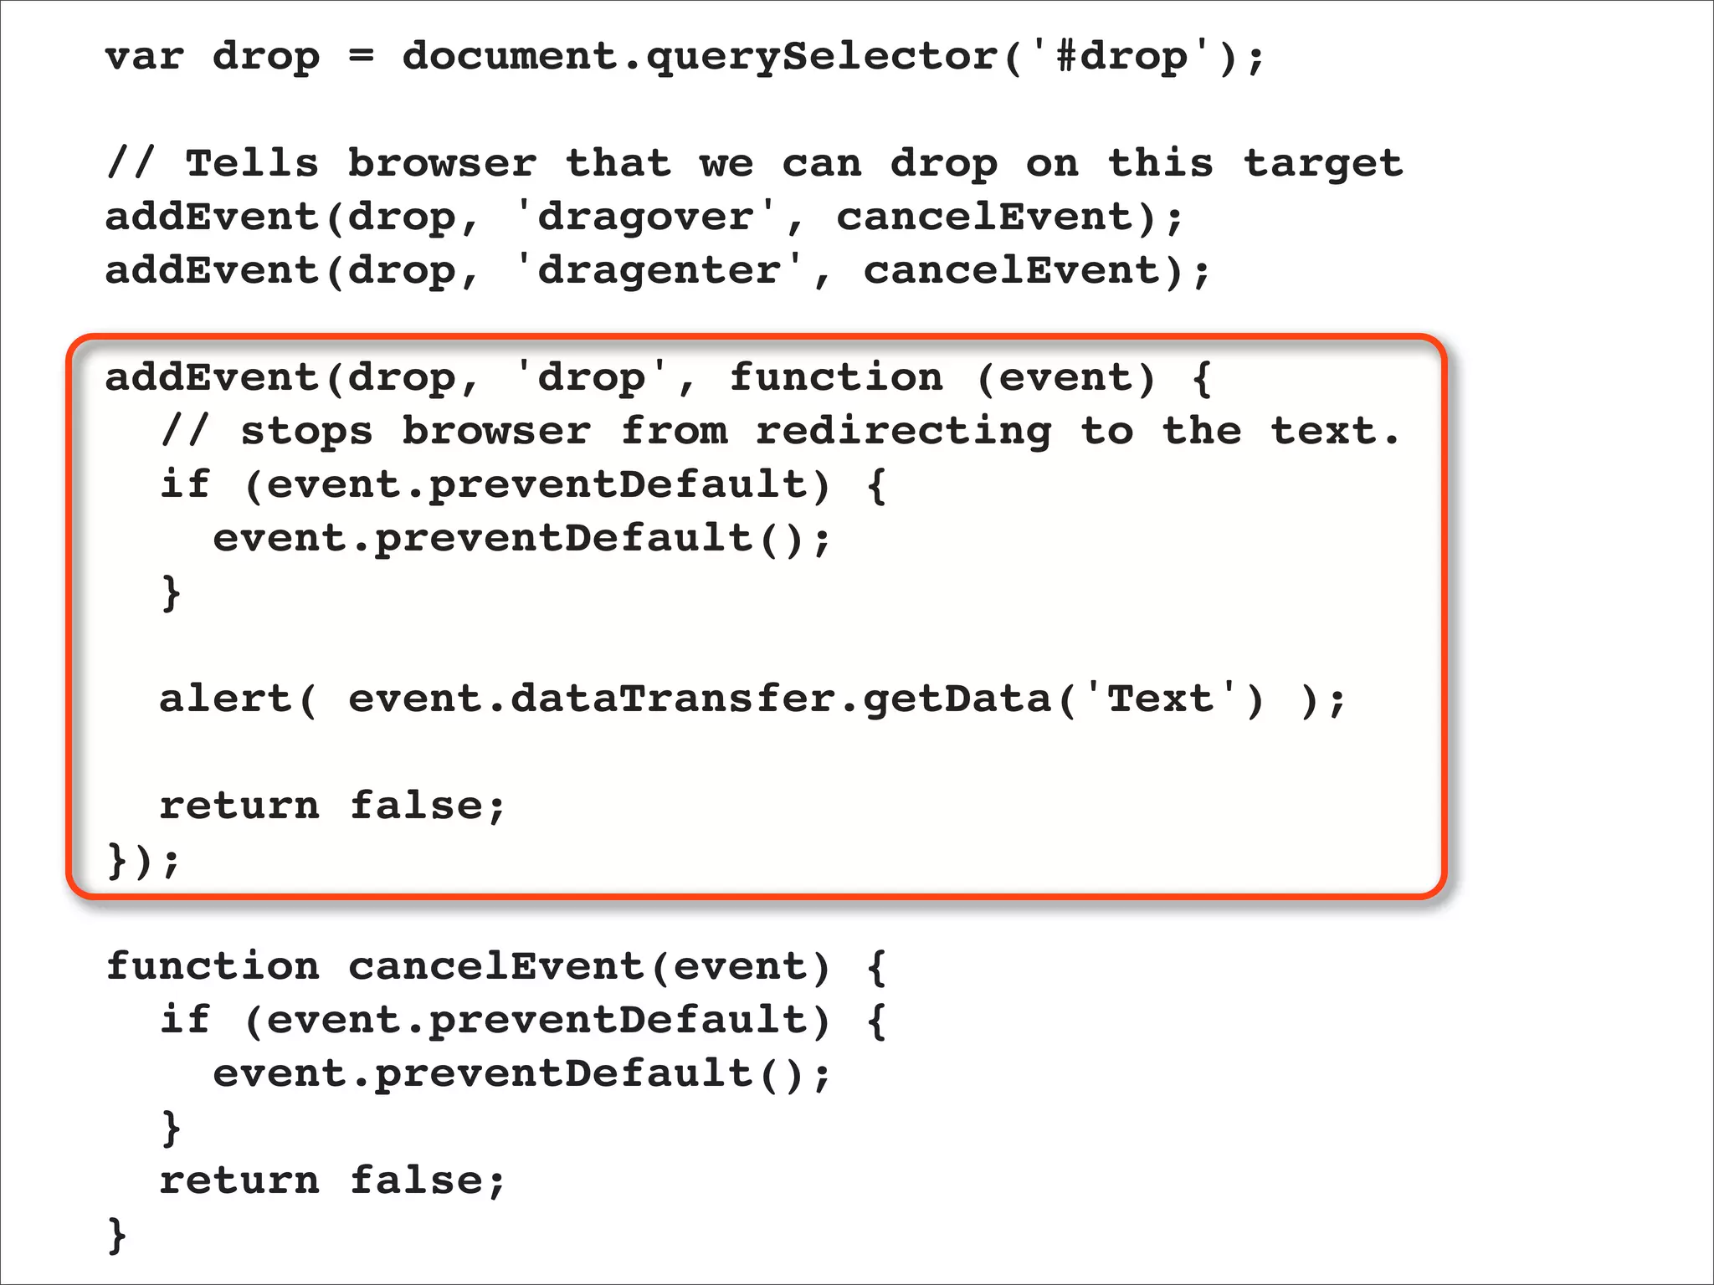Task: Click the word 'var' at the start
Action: (x=143, y=57)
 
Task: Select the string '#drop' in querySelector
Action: (x=1121, y=57)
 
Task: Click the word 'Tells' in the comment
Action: (x=251, y=163)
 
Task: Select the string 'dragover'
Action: (x=645, y=218)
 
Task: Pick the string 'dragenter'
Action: (x=659, y=271)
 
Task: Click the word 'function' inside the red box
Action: (x=835, y=377)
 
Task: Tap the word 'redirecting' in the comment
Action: (x=903, y=433)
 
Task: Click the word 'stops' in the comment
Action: (x=306, y=433)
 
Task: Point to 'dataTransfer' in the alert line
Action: (x=673, y=699)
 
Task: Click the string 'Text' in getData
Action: (x=1160, y=699)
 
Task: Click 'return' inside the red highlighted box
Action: (x=239, y=806)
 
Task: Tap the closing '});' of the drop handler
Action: (x=143, y=860)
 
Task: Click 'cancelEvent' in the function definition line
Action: (x=495, y=966)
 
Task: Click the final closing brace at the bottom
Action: (x=117, y=1235)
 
